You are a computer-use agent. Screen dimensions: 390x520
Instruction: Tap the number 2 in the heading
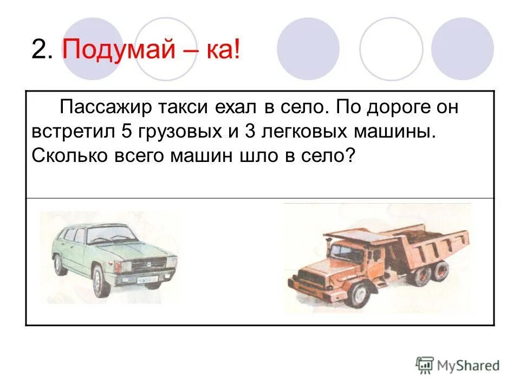[40, 50]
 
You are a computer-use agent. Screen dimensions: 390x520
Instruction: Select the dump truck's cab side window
[342, 251]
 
